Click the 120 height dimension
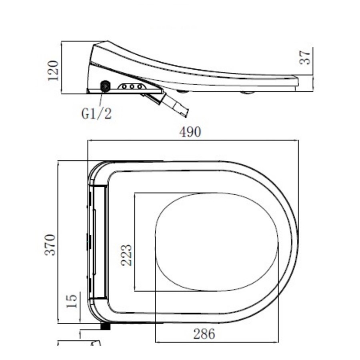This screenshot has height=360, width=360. click(x=54, y=70)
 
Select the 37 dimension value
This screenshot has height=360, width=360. click(x=305, y=57)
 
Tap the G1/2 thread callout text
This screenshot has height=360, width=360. click(x=96, y=114)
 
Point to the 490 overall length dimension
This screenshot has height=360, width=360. click(x=190, y=132)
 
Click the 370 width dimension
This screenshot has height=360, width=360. click(x=51, y=244)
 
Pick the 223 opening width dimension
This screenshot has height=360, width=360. click(x=126, y=255)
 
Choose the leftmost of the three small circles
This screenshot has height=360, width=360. click(x=124, y=86)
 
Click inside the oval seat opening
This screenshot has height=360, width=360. click(x=216, y=242)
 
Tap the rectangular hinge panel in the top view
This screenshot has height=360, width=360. click(x=98, y=242)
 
